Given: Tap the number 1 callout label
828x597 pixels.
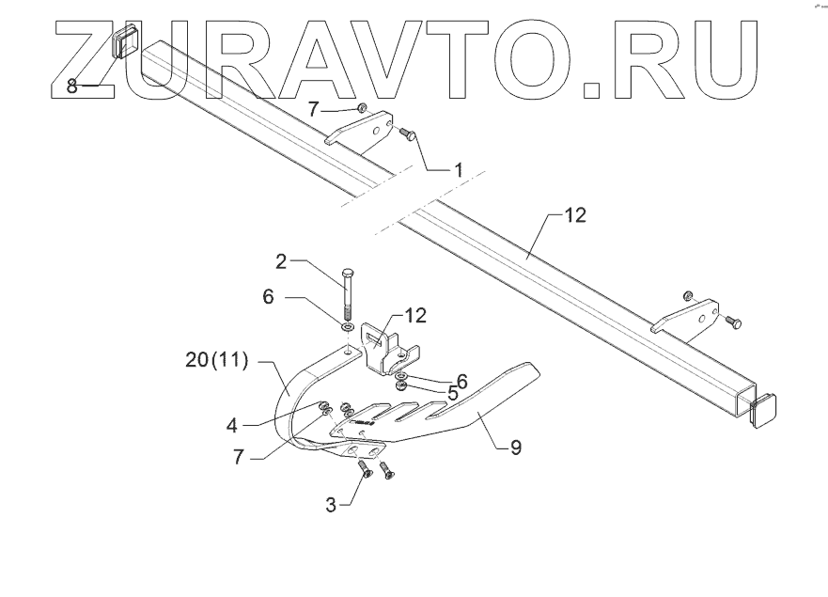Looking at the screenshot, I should tap(458, 169).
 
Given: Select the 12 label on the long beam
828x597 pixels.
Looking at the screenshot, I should tap(575, 215).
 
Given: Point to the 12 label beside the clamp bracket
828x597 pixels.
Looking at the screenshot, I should tap(414, 314).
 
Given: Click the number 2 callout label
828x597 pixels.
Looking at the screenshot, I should tap(281, 259).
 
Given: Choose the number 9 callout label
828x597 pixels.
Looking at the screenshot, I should tap(515, 448).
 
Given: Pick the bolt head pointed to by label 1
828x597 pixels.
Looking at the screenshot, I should tap(405, 134).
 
